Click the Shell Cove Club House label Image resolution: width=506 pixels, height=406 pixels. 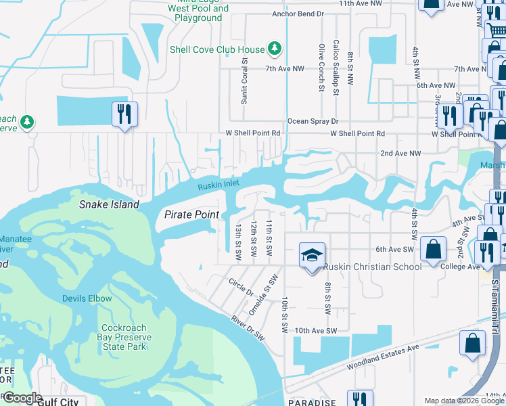point(217,49)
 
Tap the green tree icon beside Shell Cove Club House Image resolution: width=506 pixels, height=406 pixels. point(274,48)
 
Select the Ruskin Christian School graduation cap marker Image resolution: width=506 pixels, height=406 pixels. point(312,256)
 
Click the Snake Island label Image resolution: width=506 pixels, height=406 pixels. point(109,204)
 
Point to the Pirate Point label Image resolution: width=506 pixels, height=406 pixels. point(191,215)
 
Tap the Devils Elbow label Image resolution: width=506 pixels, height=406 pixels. point(87,298)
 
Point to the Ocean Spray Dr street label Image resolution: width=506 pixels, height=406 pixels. point(313,122)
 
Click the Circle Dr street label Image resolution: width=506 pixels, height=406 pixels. point(241,287)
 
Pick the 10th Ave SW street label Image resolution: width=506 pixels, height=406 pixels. point(315,330)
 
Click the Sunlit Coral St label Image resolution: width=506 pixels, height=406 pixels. point(245,81)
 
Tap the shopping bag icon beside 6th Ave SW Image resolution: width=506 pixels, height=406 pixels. point(433,249)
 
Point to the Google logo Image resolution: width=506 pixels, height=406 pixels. point(22,398)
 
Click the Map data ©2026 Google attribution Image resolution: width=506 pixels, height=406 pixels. point(464,401)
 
